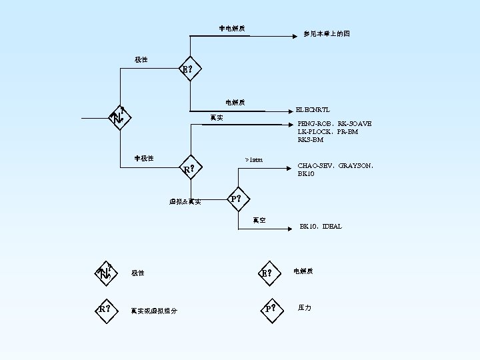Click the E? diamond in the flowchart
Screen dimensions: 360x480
[189, 69]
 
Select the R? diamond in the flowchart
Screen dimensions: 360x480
[191, 168]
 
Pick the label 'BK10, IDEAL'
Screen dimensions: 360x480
[320, 227]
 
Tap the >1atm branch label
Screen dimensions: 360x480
[253, 160]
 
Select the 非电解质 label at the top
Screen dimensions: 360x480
[232, 28]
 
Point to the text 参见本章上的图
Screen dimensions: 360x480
[327, 33]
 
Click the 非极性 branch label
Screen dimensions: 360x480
[144, 158]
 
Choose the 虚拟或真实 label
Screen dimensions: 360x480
[185, 201]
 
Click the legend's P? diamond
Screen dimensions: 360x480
[269, 309]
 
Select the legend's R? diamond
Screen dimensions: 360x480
[105, 309]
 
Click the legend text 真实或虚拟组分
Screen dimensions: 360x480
[154, 310]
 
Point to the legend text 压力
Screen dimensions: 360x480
[305, 308]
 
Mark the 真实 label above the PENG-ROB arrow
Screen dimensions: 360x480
[216, 118]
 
